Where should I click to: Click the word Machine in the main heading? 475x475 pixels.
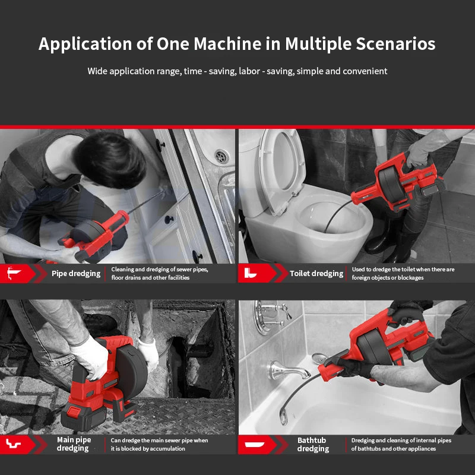click(x=227, y=43)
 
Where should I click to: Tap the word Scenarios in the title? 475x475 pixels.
click(x=395, y=43)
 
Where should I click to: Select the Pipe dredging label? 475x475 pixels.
click(x=76, y=274)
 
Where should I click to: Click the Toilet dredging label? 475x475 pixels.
click(x=316, y=274)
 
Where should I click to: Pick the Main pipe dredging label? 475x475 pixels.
click(x=74, y=444)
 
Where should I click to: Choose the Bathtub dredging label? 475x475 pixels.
click(x=313, y=444)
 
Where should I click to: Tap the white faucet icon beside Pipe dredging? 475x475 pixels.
click(x=14, y=273)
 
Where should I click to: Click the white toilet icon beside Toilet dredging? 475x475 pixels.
click(x=250, y=273)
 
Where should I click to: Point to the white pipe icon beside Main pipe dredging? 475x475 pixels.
click(x=13, y=444)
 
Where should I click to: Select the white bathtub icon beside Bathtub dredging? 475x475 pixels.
click(x=255, y=444)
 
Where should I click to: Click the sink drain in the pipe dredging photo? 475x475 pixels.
click(x=221, y=156)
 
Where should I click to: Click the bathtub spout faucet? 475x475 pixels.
click(x=288, y=370)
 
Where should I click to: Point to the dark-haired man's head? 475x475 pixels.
click(x=110, y=159)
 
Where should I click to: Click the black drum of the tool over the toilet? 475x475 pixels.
click(x=391, y=184)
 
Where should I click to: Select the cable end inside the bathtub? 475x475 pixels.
click(x=284, y=417)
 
